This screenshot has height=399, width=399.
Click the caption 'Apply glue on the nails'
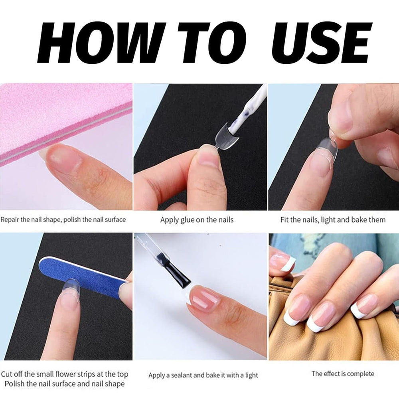197,220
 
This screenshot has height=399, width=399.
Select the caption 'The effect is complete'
343,374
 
